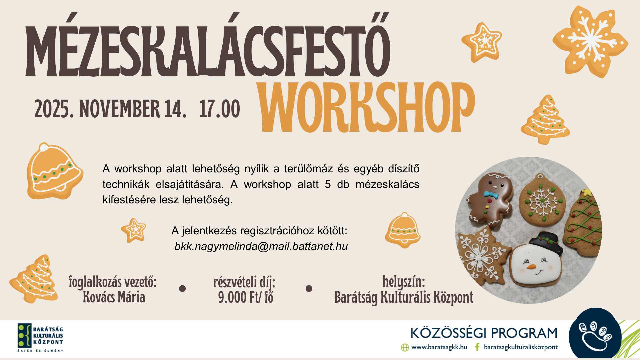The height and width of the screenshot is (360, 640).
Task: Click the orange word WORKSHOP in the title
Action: pos(367,107)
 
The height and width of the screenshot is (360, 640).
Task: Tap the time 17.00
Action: pos(220,109)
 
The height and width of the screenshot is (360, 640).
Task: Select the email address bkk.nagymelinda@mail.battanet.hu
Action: pos(261,246)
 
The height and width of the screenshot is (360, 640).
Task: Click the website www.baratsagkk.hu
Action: pos(439,347)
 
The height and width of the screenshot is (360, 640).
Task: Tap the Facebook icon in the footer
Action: pos(477,347)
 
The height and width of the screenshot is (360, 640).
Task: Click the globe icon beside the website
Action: pos(405,347)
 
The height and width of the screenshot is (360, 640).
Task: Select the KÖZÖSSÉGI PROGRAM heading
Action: pos(484,333)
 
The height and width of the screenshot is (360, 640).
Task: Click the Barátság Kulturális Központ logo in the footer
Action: pos(40,337)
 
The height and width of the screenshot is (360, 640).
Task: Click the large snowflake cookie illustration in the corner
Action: pos(590,42)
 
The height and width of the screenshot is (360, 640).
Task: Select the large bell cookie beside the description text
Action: pos(54,171)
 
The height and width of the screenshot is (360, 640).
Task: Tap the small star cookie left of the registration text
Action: pos(134,230)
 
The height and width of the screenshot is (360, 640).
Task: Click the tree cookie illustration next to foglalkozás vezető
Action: pos(34,279)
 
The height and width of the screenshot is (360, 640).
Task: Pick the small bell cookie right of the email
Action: pos(403,230)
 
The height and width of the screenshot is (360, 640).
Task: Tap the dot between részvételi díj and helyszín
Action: pos(309,289)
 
